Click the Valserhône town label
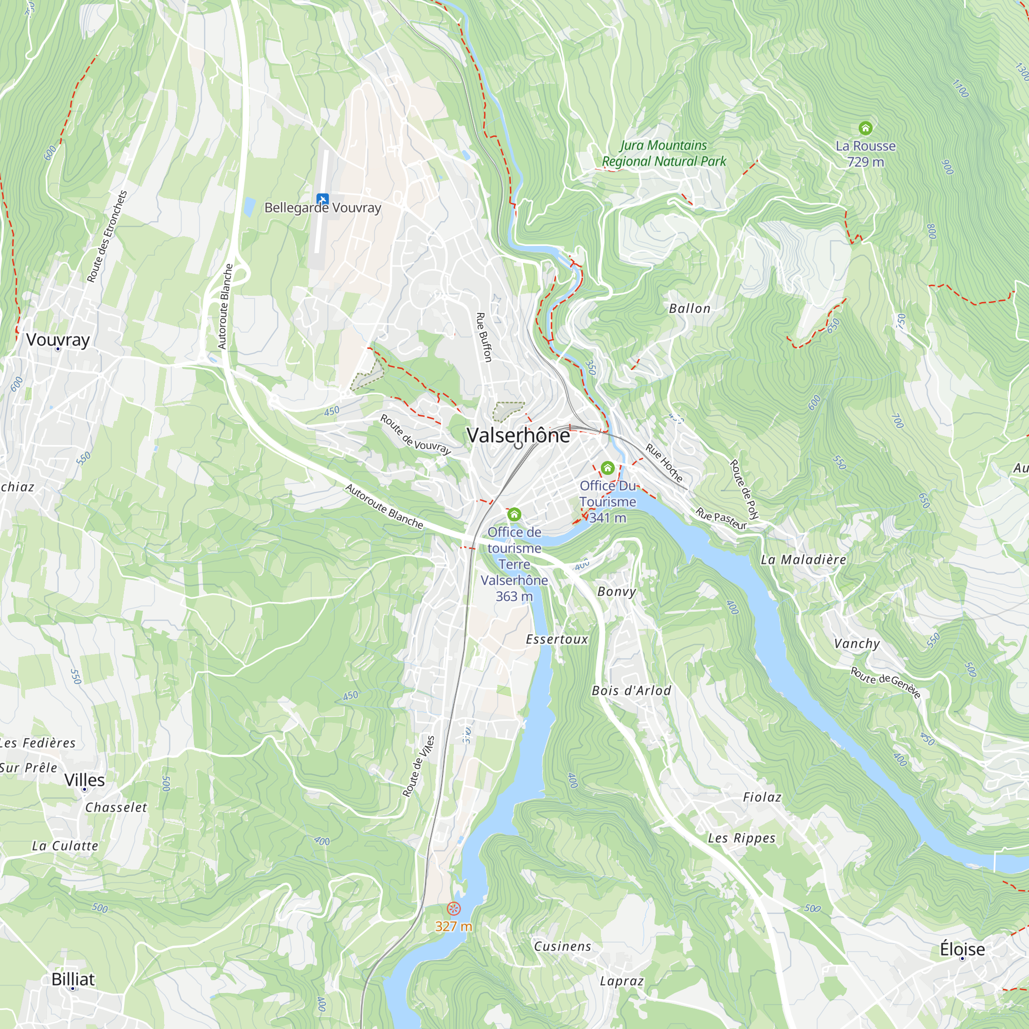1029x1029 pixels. [x=518, y=435]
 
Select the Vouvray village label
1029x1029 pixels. [x=58, y=339]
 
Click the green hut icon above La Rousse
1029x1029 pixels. [x=865, y=128]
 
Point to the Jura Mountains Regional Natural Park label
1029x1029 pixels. [x=664, y=153]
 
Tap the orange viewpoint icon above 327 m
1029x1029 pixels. [x=453, y=908]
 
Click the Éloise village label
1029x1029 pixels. [x=962, y=949]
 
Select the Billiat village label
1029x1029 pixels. [x=73, y=979]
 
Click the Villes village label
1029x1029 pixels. [x=84, y=780]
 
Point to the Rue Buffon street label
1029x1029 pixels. [x=484, y=337]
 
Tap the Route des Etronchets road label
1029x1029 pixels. [x=107, y=236]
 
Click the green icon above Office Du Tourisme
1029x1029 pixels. [x=607, y=468]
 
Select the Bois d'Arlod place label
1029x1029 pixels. [x=631, y=690]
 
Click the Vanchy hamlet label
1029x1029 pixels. [x=857, y=644]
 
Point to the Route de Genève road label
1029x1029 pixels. [x=885, y=682]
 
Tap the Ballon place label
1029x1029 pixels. [x=690, y=308]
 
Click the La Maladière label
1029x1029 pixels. [x=803, y=559]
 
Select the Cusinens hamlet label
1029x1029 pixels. [x=562, y=946]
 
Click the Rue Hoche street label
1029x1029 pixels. [x=664, y=463]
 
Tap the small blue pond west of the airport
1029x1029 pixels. [x=249, y=207]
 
